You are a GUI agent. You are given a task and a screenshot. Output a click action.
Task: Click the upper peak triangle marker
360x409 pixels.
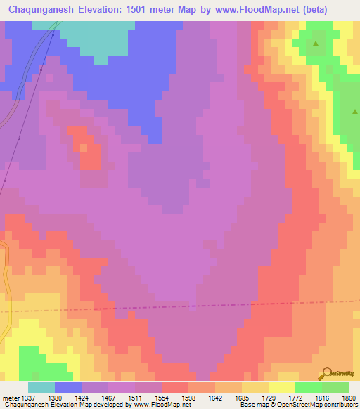point(316,44)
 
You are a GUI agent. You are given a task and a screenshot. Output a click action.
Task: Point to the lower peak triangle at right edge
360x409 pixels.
point(356,110)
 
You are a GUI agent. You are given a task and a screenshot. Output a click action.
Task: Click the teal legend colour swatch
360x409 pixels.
point(41,387)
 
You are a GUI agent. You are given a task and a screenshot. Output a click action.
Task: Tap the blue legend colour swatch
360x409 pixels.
point(68,387)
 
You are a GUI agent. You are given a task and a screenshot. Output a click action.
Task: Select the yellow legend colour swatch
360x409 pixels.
point(281,387)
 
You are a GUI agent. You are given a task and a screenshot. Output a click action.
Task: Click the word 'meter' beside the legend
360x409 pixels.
point(11,397)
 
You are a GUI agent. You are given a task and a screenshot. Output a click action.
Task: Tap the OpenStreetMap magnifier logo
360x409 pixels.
point(325,372)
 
